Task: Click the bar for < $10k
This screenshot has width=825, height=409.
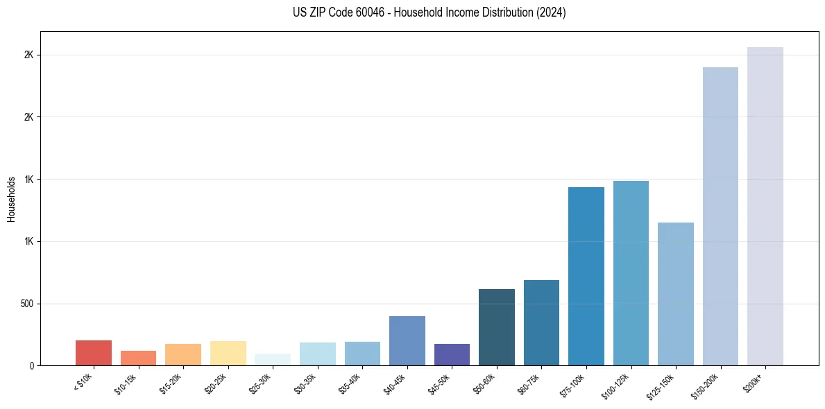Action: pyautogui.click(x=94, y=353)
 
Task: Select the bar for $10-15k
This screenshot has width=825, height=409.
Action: pyautogui.click(x=138, y=358)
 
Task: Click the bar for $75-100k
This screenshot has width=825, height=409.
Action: pyautogui.click(x=586, y=277)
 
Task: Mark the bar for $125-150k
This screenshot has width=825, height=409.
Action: pyautogui.click(x=676, y=294)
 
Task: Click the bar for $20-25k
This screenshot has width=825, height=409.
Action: pyautogui.click(x=228, y=354)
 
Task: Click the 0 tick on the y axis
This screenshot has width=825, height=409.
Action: pyautogui.click(x=32, y=365)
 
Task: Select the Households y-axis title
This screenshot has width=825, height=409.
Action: pyautogui.click(x=11, y=199)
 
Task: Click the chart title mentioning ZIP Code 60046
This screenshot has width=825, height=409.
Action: pyautogui.click(x=412, y=12)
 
